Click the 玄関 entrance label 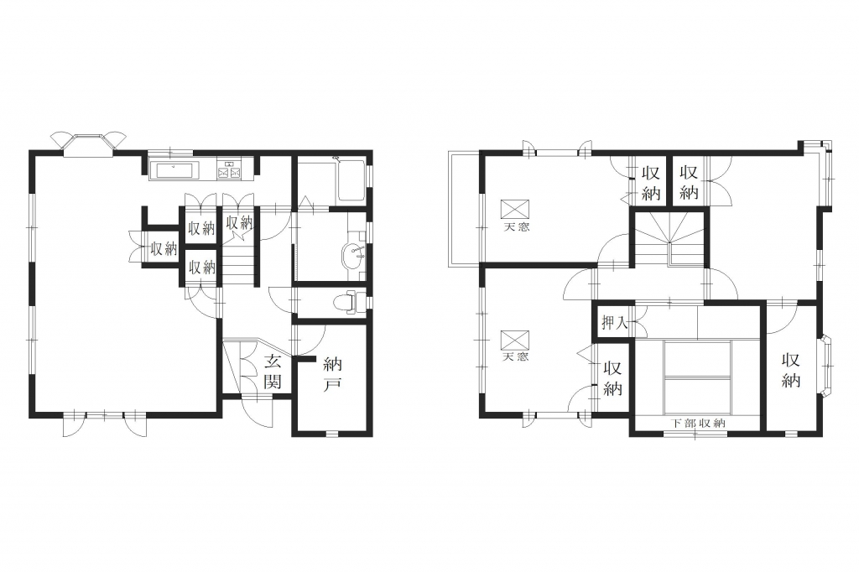coord(273,371)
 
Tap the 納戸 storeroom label coord(332,374)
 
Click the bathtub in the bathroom coord(351,181)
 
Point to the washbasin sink coord(353,255)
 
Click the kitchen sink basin coord(174,170)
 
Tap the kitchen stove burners coord(230,170)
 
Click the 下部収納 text coord(698,423)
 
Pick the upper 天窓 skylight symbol coord(515,210)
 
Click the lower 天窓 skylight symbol coord(515,340)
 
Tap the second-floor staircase coord(669,238)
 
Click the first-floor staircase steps coord(239,261)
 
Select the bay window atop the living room coord(89,143)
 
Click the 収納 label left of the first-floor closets coord(164,248)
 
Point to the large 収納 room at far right coord(790,371)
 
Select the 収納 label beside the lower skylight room coord(613,377)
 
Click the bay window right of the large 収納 coord(827,364)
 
